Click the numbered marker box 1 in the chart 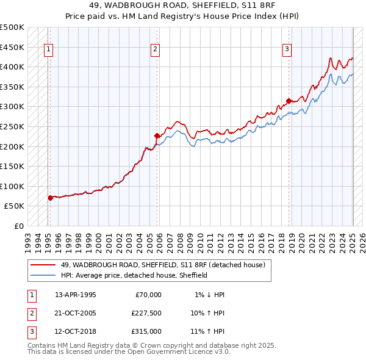(x=48, y=50)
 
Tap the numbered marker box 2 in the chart (x=156, y=50)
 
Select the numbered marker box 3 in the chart (x=287, y=50)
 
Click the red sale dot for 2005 (x=157, y=135)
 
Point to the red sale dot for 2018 (x=289, y=101)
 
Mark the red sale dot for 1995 (x=50, y=198)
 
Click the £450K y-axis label (x=12, y=47)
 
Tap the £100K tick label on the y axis (x=12, y=186)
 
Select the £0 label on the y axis (x=19, y=226)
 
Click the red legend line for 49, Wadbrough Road (x=43, y=265)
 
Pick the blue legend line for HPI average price (x=43, y=275)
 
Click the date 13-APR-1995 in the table (x=76, y=295)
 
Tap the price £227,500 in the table (x=146, y=313)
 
